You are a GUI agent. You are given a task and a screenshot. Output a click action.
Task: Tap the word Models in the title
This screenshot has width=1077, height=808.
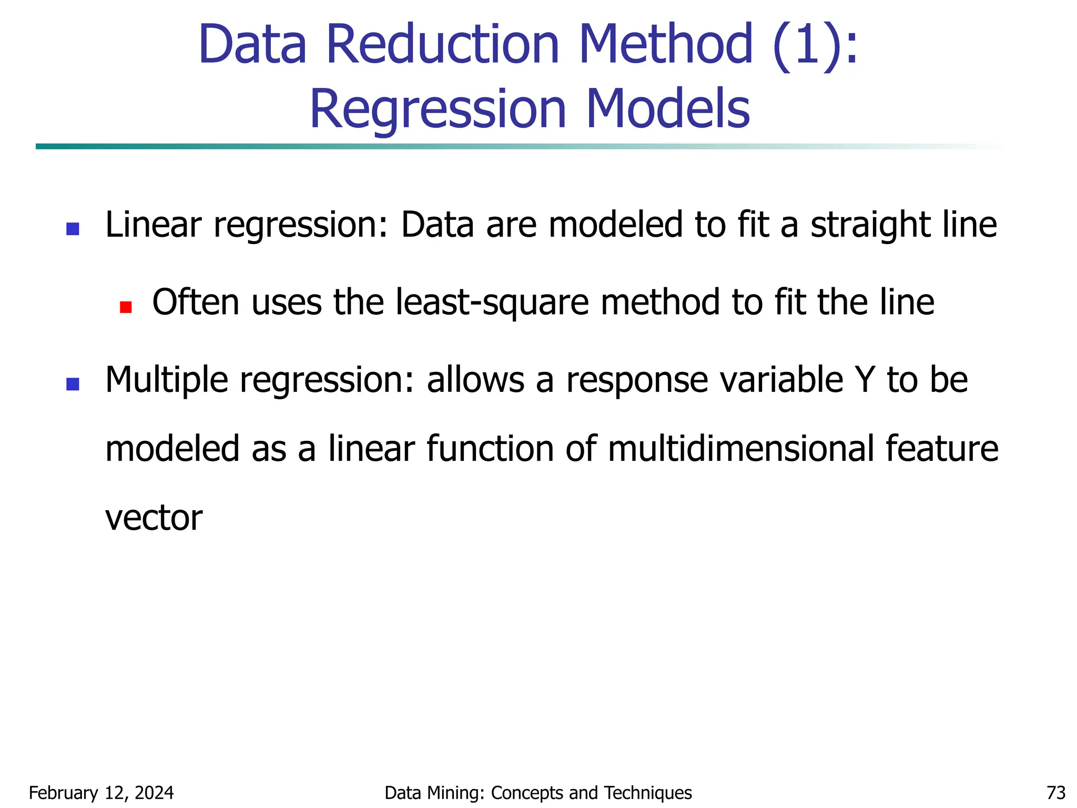pyautogui.click(x=667, y=109)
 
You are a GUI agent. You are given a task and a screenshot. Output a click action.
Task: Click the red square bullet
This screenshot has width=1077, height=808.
pyautogui.click(x=126, y=307)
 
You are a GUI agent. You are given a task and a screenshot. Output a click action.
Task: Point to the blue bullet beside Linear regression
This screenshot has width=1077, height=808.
pyautogui.click(x=73, y=229)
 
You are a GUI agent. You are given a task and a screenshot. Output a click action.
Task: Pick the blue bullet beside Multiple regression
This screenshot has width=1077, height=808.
pyautogui.click(x=73, y=384)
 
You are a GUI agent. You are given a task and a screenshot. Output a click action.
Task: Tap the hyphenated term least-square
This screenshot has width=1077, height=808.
pyautogui.click(x=492, y=304)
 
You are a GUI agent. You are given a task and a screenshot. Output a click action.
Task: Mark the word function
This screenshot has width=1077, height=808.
pyautogui.click(x=490, y=449)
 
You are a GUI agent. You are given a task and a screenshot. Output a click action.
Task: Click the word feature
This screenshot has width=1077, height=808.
pyautogui.click(x=941, y=449)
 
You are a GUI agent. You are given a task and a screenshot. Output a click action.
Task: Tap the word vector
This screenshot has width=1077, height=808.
pyautogui.click(x=154, y=518)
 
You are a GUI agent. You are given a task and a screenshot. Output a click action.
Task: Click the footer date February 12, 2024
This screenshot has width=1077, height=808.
pyautogui.click(x=101, y=793)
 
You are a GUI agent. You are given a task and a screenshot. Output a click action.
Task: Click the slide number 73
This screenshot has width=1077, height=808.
pyautogui.click(x=1056, y=793)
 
